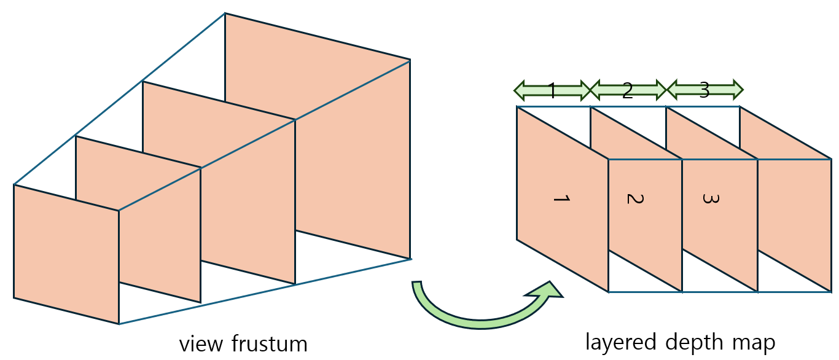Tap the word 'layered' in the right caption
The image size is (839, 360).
pyautogui.click(x=619, y=342)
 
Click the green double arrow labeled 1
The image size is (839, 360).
pyautogui.click(x=552, y=91)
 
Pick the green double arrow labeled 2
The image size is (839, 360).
pyautogui.click(x=628, y=91)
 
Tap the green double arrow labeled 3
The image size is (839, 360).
pyautogui.click(x=704, y=90)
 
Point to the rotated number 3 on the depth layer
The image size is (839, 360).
pyautogui.click(x=710, y=198)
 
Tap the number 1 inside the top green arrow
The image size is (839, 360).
pyautogui.click(x=552, y=91)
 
